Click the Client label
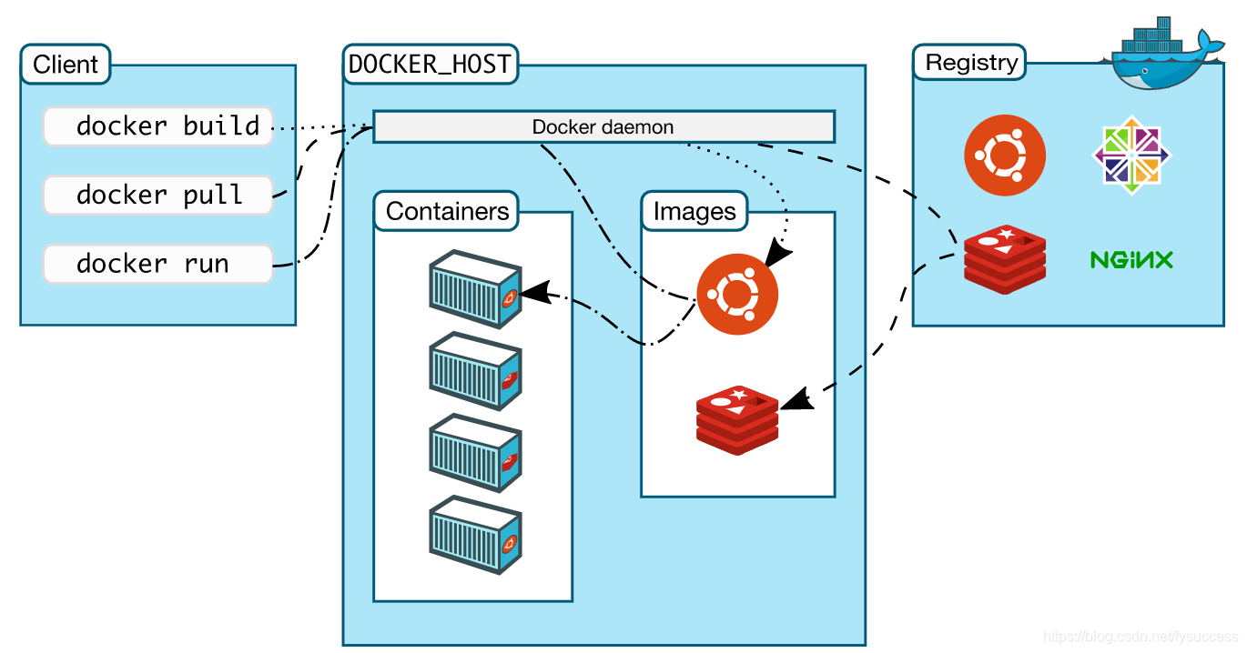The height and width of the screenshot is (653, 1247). (66, 65)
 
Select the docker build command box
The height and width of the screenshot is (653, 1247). (158, 126)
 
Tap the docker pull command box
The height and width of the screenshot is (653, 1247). (158, 196)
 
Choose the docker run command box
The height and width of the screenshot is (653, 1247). (158, 265)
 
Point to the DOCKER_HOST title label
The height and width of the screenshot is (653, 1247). (431, 65)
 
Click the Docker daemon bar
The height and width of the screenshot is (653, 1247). (604, 126)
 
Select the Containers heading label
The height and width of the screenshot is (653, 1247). (447, 211)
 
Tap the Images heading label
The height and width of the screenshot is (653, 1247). (694, 211)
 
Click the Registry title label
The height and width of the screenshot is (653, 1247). (969, 62)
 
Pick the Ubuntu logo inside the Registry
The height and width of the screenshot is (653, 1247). (1005, 156)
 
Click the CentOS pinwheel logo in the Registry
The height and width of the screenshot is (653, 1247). (1131, 156)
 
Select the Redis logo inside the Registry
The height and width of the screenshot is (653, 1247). (1005, 260)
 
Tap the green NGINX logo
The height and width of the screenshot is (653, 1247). (1131, 260)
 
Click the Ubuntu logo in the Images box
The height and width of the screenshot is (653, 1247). (737, 295)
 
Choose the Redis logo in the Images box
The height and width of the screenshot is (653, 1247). (737, 420)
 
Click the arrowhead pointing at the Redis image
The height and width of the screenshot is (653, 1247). (797, 399)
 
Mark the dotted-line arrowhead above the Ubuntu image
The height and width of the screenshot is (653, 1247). (777, 252)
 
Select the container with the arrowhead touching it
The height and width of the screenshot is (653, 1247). (475, 289)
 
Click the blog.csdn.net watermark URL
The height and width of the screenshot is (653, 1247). (1141, 637)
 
